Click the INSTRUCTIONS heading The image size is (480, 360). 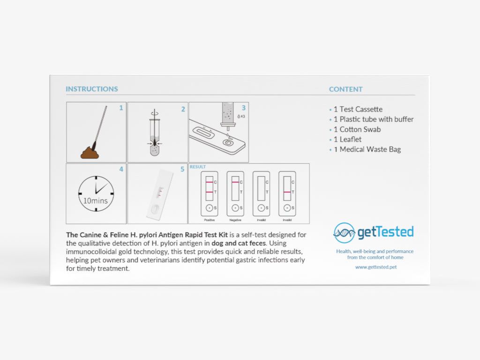[x=92, y=89]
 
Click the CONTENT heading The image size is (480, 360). [x=345, y=89]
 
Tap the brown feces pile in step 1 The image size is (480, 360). [x=90, y=153]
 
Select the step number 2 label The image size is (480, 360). [x=183, y=109]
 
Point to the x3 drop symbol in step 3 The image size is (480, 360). [x=240, y=116]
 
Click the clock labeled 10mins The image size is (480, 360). [x=96, y=194]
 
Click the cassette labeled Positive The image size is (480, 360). [x=209, y=193]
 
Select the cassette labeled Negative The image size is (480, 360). [x=235, y=193]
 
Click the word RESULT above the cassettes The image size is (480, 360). [x=197, y=167]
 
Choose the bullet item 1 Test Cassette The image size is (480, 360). [x=358, y=109]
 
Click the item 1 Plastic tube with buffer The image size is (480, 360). [x=373, y=119]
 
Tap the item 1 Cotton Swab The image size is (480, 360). [x=357, y=129]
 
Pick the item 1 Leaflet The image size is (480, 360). [x=347, y=139]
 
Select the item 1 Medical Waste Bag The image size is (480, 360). [x=367, y=150]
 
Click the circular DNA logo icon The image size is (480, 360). [x=344, y=232]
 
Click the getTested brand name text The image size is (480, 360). [x=385, y=232]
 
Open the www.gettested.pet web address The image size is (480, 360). [x=375, y=267]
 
